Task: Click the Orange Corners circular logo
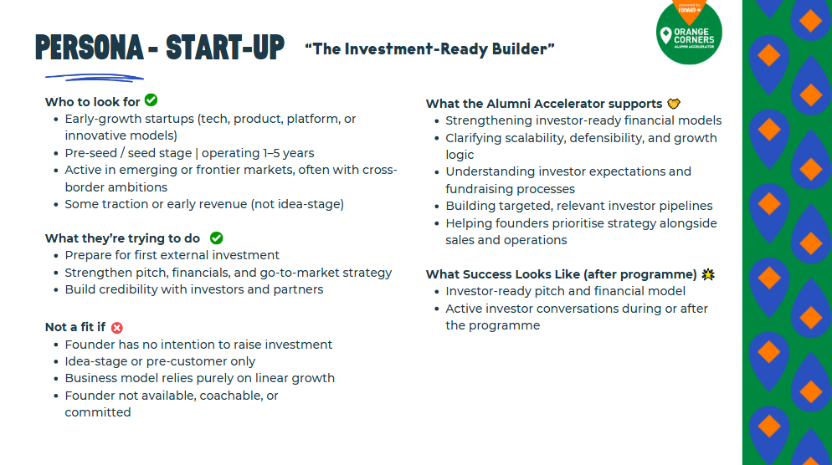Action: click(689, 32)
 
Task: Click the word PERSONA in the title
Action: click(89, 48)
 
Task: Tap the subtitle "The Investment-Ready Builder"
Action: click(429, 49)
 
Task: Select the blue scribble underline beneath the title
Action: click(95, 78)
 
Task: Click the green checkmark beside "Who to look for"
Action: click(152, 100)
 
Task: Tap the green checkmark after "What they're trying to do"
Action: click(217, 238)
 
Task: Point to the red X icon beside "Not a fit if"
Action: click(117, 328)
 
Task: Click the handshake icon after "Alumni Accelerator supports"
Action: click(674, 104)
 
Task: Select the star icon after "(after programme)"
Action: click(708, 274)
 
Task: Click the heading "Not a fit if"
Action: click(75, 327)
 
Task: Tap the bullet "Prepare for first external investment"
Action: click(172, 255)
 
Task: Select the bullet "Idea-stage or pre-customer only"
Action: click(160, 361)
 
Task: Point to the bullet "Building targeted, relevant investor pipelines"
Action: click(579, 206)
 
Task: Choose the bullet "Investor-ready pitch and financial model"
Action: click(566, 291)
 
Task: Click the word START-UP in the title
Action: click(225, 48)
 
